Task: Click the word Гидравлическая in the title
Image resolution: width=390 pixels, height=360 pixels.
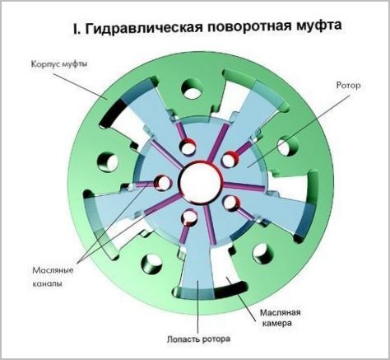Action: (x=143, y=28)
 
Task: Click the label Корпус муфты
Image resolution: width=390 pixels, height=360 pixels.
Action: (x=59, y=65)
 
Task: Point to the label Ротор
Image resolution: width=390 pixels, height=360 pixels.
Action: (x=348, y=86)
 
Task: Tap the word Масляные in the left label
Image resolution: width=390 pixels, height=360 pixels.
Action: (x=53, y=270)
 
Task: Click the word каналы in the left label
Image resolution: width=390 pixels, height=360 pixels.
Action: (x=47, y=283)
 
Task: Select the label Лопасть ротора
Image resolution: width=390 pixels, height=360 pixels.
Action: (x=198, y=339)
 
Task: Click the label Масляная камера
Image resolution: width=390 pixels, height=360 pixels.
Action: (x=280, y=318)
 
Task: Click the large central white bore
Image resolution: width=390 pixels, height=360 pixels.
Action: (x=200, y=181)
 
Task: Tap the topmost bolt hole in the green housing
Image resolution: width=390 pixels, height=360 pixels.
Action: (x=193, y=89)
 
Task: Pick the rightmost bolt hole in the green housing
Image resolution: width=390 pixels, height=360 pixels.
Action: (x=288, y=146)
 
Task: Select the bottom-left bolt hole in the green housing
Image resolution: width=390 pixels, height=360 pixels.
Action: (x=151, y=264)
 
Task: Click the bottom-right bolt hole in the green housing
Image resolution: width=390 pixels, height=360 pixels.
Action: (x=263, y=254)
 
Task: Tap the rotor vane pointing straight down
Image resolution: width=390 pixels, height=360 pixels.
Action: (x=197, y=269)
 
